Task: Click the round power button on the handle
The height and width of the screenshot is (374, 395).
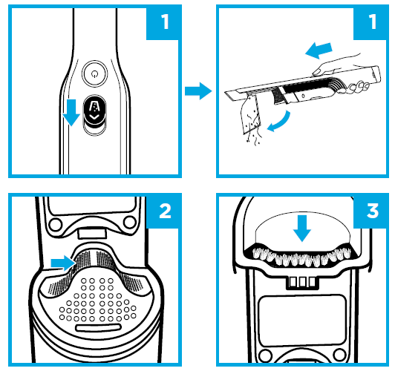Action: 94,73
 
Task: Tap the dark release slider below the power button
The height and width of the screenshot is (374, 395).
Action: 94,111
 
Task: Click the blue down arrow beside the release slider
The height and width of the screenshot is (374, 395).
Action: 71,112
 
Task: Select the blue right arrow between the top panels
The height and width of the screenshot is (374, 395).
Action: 198,91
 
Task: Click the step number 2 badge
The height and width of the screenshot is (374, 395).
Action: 164,211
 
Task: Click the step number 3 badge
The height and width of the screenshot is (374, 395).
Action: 371,211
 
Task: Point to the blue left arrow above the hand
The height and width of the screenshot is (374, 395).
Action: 319,50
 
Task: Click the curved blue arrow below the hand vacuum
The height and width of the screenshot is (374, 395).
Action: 278,122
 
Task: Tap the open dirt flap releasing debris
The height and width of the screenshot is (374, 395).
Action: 250,114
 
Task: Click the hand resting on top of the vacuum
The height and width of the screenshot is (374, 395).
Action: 334,65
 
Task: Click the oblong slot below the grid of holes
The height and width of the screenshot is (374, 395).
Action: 98,328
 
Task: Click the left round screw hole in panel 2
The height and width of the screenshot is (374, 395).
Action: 56,224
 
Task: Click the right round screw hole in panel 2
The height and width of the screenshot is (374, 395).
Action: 130,223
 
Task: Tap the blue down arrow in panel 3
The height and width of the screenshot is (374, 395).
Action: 302,228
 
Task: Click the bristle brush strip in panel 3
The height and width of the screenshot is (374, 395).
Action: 301,255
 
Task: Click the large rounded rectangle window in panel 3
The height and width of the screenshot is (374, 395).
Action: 302,321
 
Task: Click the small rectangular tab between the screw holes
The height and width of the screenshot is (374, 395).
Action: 91,233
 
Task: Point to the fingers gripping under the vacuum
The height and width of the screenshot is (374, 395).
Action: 358,87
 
